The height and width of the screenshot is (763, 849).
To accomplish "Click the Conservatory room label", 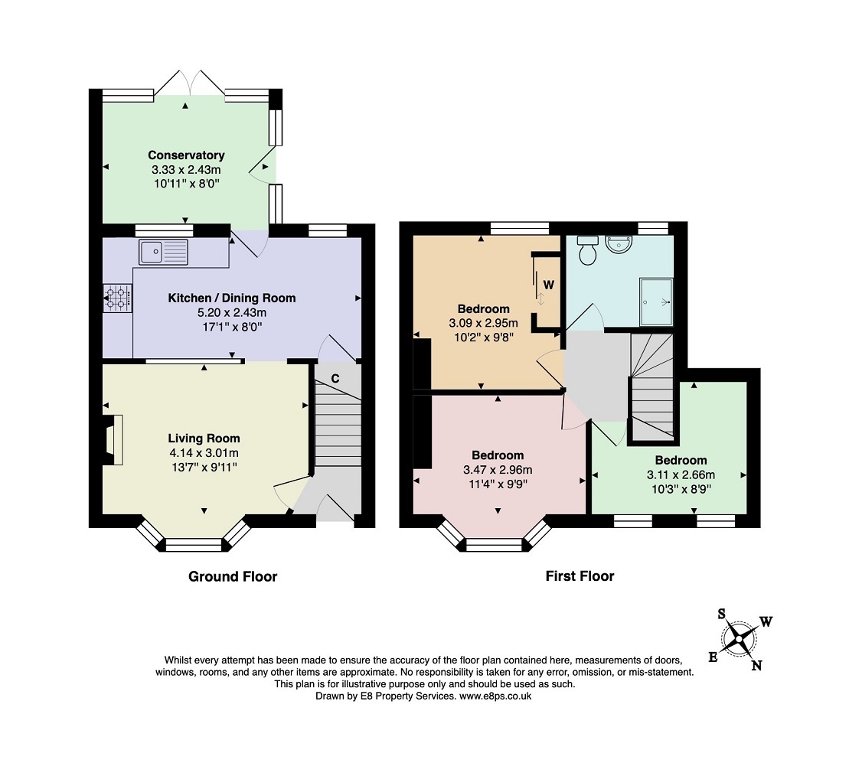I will pos(186,155).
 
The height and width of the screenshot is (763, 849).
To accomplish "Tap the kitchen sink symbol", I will pos(163,251).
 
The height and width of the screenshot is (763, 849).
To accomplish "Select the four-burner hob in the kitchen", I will pos(117,297).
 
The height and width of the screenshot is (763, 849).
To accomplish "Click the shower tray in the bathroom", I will pos(656,302).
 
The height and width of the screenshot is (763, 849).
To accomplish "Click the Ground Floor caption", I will pos(233,576).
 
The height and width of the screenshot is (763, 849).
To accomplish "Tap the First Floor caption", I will pos(580,576).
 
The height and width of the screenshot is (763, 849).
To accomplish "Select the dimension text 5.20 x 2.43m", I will pos(232,312).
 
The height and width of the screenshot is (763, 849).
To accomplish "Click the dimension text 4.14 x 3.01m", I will pos(204,452).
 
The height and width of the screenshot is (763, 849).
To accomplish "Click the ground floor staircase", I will pos(338,425).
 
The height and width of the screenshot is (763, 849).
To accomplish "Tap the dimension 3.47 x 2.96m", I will pos(498,470).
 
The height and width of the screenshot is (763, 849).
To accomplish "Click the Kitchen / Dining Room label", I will pos(232,298).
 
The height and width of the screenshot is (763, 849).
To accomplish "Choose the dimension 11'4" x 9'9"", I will pos(498,484).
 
